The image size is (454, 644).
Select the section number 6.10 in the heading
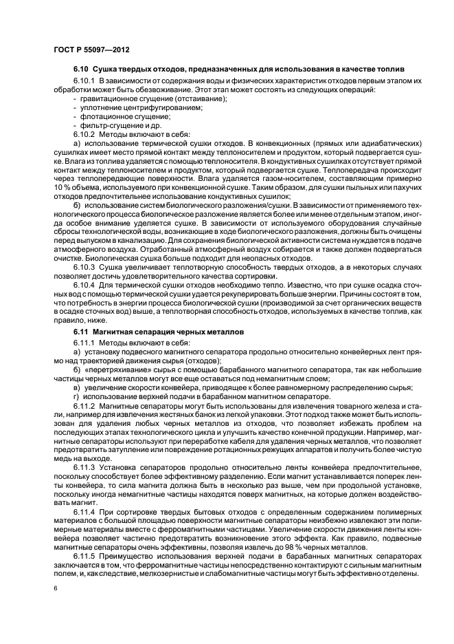82,70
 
